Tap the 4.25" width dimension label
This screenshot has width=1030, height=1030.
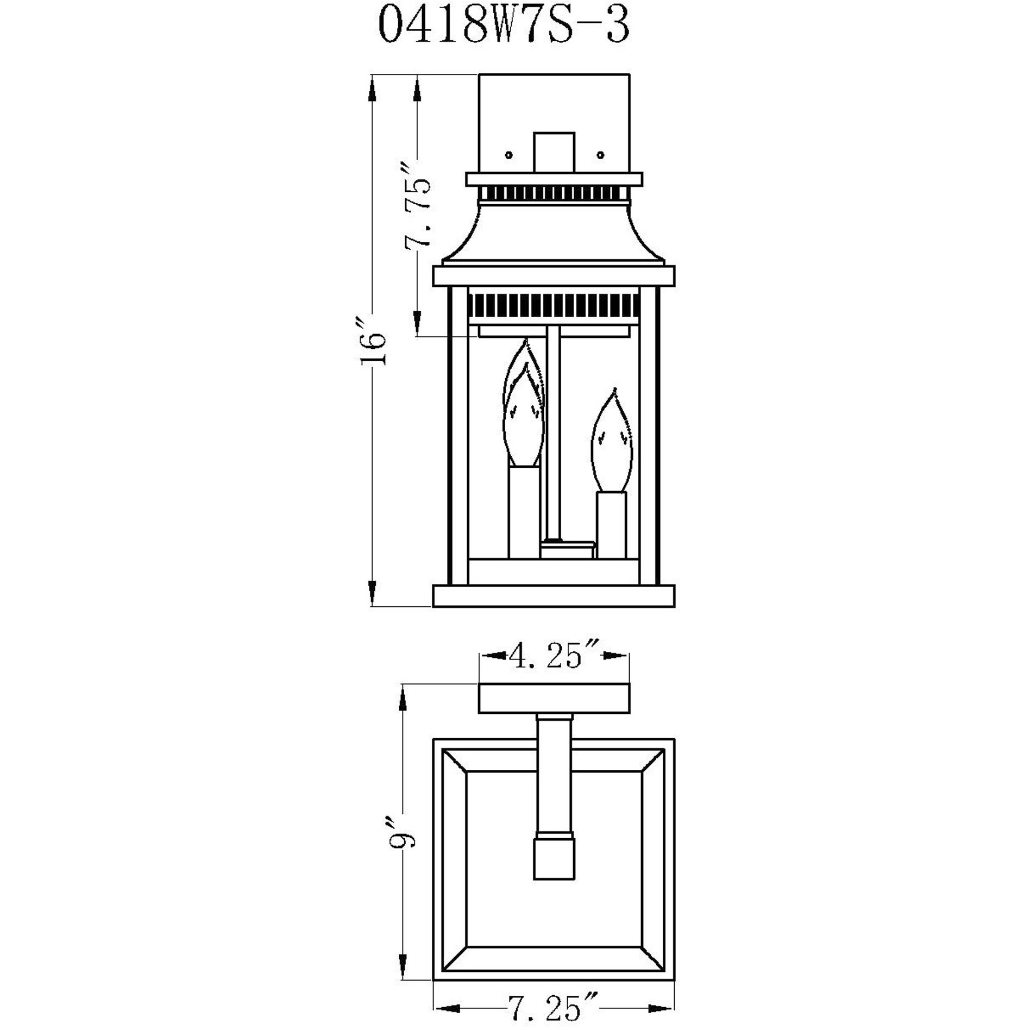pos(554,656)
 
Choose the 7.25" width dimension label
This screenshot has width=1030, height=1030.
pos(554,1008)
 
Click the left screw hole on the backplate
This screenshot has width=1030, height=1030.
pos(508,155)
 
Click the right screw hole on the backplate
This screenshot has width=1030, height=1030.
pos(600,155)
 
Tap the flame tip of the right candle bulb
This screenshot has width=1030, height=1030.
pos(614,390)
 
